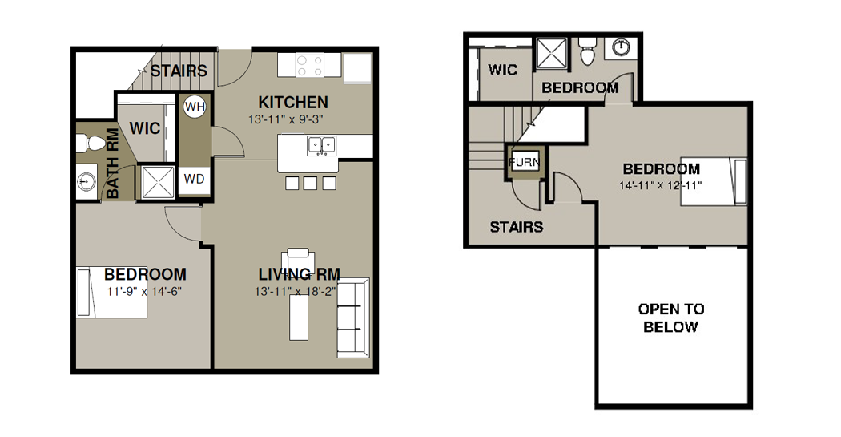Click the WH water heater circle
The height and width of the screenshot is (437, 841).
[194, 107]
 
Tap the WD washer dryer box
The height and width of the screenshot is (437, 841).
[194, 179]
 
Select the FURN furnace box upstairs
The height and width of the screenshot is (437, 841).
[524, 162]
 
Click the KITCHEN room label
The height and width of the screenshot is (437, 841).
[293, 102]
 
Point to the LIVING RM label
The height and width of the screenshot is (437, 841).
[300, 274]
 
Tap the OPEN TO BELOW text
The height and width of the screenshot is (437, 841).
[671, 318]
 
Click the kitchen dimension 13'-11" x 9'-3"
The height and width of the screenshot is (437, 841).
[285, 119]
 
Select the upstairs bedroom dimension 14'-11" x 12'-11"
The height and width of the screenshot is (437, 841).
[660, 185]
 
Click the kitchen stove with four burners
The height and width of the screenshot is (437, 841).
[309, 65]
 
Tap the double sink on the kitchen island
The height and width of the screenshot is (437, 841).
[321, 145]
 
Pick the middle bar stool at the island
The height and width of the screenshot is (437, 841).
[310, 183]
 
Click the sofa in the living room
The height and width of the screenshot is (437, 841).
[353, 318]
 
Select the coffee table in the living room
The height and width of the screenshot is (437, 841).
[299, 318]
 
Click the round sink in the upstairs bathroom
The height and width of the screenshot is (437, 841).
[621, 47]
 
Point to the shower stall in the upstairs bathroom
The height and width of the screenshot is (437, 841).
[553, 54]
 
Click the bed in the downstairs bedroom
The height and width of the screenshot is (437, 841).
[111, 292]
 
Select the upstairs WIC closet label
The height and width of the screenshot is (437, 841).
[502, 70]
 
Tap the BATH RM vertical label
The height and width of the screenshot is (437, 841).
[113, 164]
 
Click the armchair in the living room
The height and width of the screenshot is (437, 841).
[298, 259]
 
